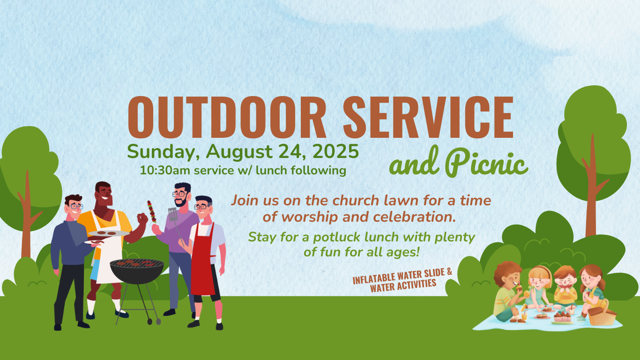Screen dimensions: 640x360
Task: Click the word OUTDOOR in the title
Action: coord(227,118)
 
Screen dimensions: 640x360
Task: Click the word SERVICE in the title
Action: coord(428,118)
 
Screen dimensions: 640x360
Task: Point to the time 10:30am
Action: coord(166,171)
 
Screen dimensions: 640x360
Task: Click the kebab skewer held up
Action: coord(152,212)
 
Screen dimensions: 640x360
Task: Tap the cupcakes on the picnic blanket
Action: coord(562,316)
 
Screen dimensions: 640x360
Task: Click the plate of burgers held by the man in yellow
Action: coord(109,233)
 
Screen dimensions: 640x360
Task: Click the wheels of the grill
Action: coord(154,322)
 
